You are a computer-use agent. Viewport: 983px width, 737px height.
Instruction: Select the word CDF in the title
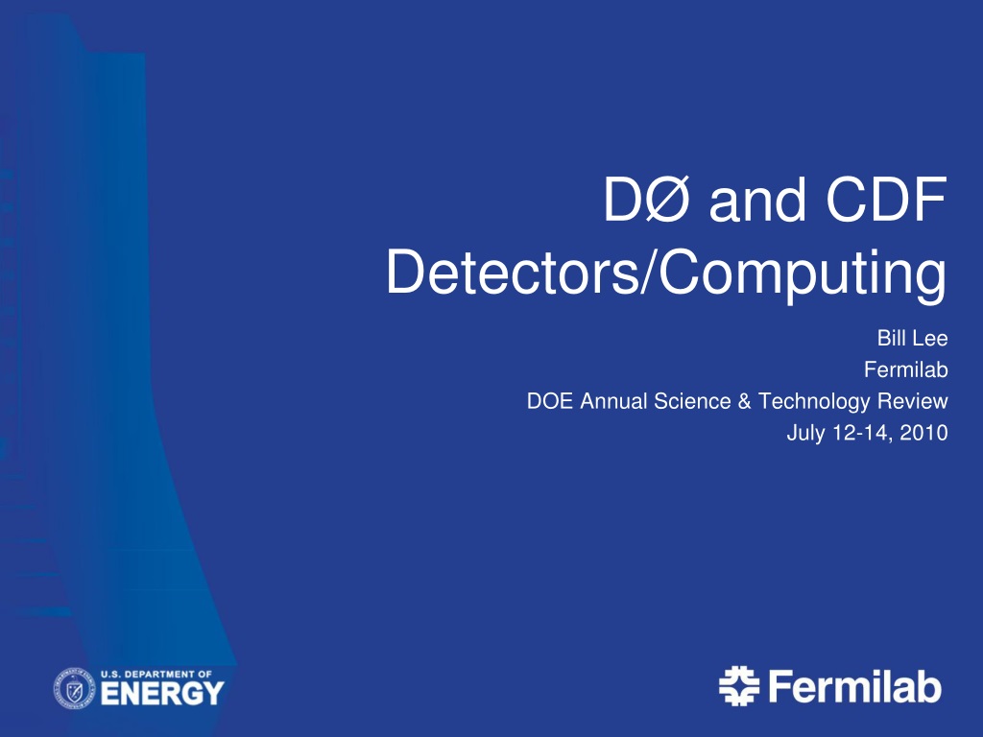(886, 200)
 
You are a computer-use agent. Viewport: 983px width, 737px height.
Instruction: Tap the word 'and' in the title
(756, 201)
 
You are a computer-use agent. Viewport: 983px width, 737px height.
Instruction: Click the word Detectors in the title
(512, 272)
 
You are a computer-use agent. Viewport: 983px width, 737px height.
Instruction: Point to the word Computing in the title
(803, 275)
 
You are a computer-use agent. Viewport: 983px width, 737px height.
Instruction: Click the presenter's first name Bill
(890, 339)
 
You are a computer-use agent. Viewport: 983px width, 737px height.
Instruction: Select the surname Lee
(929, 339)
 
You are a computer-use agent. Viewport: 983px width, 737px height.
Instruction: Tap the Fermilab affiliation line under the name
(906, 369)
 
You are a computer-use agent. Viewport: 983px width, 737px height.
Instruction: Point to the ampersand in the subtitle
(744, 401)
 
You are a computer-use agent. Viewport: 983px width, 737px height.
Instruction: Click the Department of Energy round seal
(74, 688)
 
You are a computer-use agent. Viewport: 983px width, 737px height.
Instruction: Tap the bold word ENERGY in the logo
(161, 694)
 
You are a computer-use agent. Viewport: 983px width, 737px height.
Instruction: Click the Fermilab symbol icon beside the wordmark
(738, 686)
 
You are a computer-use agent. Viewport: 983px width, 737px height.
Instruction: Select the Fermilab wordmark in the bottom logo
(854, 686)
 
